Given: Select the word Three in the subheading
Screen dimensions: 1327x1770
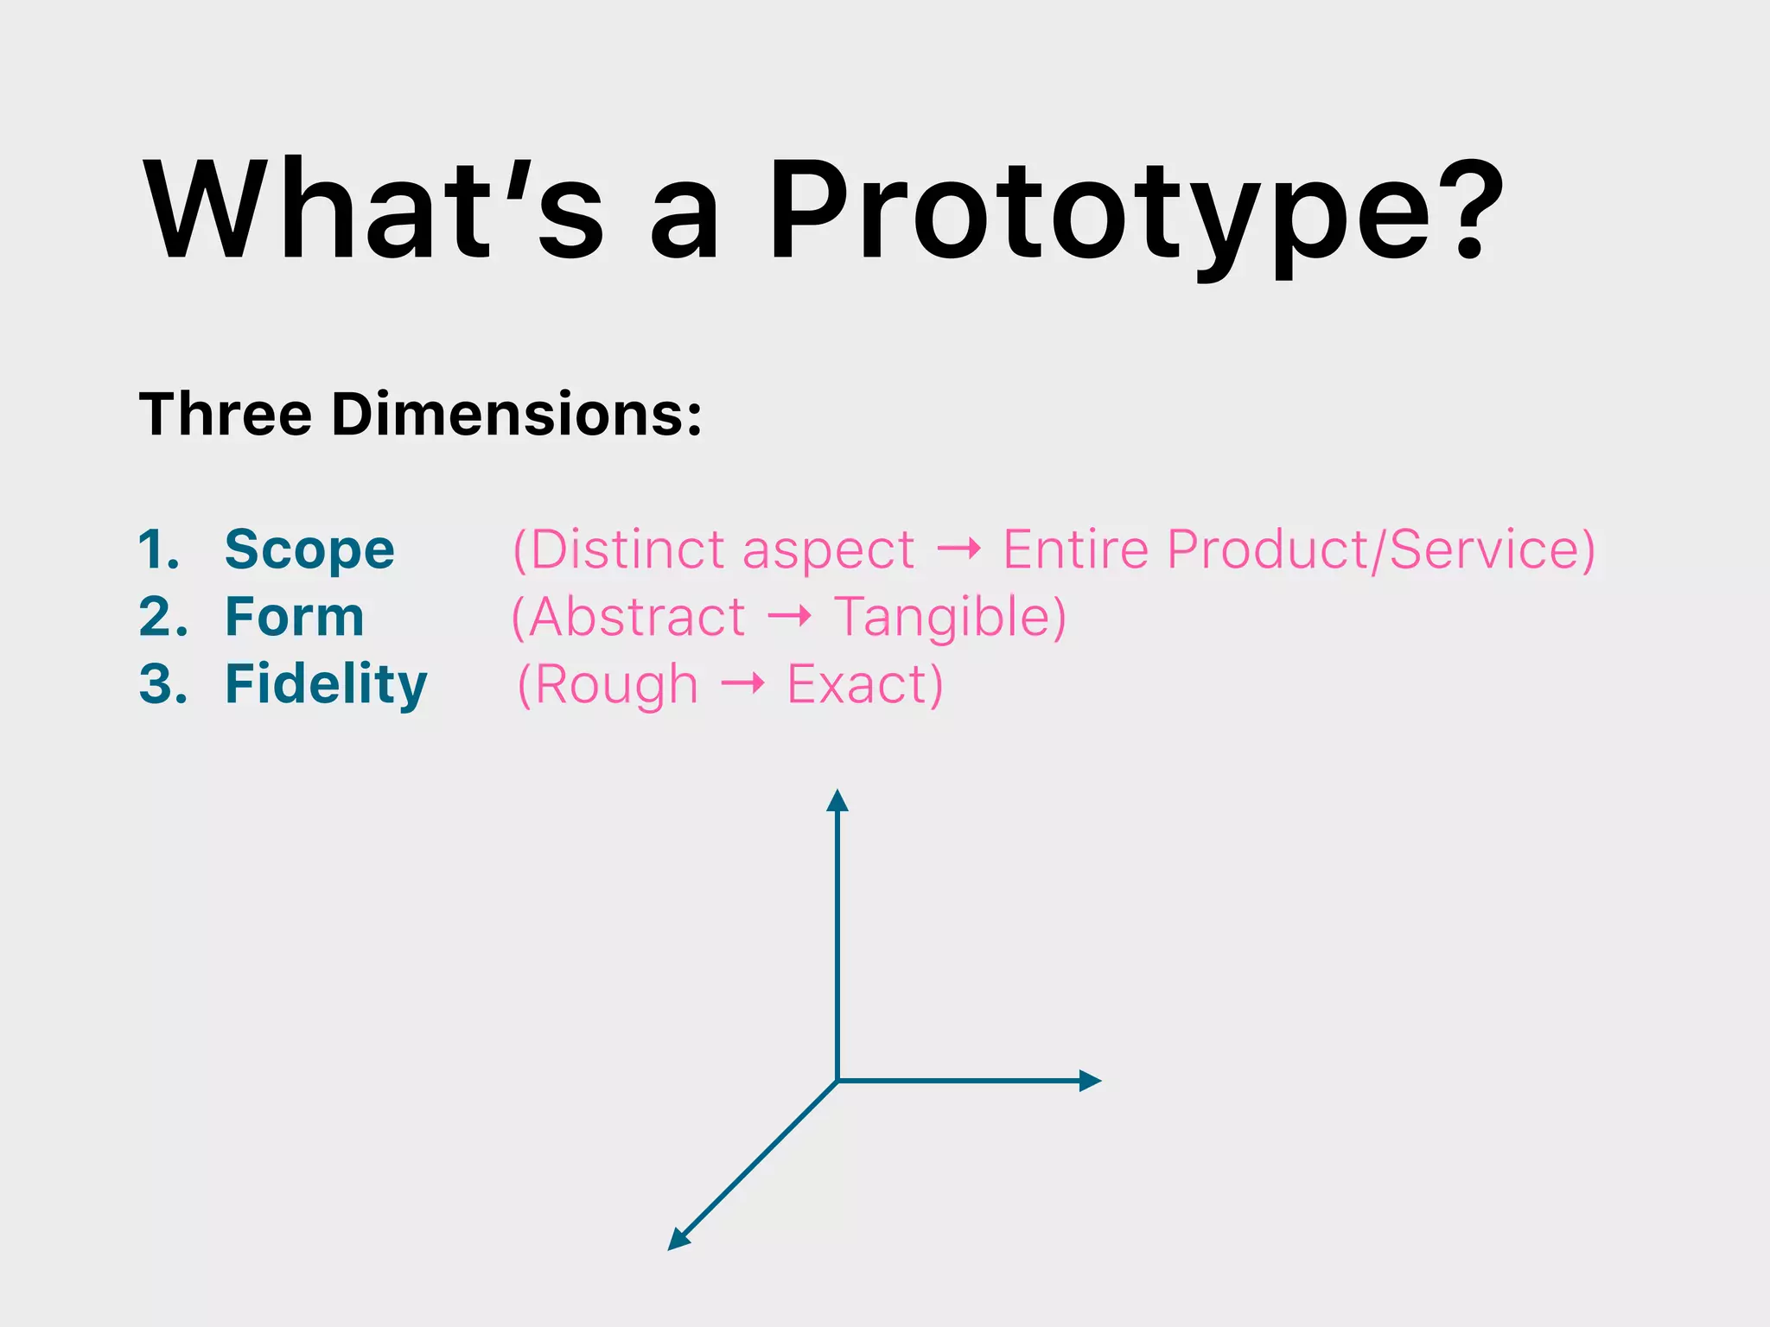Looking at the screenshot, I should tap(225, 415).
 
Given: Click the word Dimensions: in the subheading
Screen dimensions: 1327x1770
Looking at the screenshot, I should tap(517, 415).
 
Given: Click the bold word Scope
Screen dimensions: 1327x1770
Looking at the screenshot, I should tap(309, 550).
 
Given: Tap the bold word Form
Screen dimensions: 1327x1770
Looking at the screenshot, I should tap(295, 617).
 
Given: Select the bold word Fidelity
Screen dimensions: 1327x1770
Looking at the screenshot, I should tap(326, 684).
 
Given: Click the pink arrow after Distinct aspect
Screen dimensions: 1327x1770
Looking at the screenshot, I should tap(959, 549).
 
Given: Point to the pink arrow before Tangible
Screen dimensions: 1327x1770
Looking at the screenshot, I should tap(790, 616).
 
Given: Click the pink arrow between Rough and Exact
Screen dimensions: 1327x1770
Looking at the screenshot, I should tap(743, 684).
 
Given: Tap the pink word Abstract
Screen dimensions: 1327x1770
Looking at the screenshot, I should tap(637, 617).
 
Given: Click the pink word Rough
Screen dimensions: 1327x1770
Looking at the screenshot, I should tap(615, 684).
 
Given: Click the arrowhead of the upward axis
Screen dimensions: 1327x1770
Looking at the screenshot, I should tap(837, 800).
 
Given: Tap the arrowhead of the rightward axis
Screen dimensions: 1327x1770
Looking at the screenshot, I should tap(1090, 1080).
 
